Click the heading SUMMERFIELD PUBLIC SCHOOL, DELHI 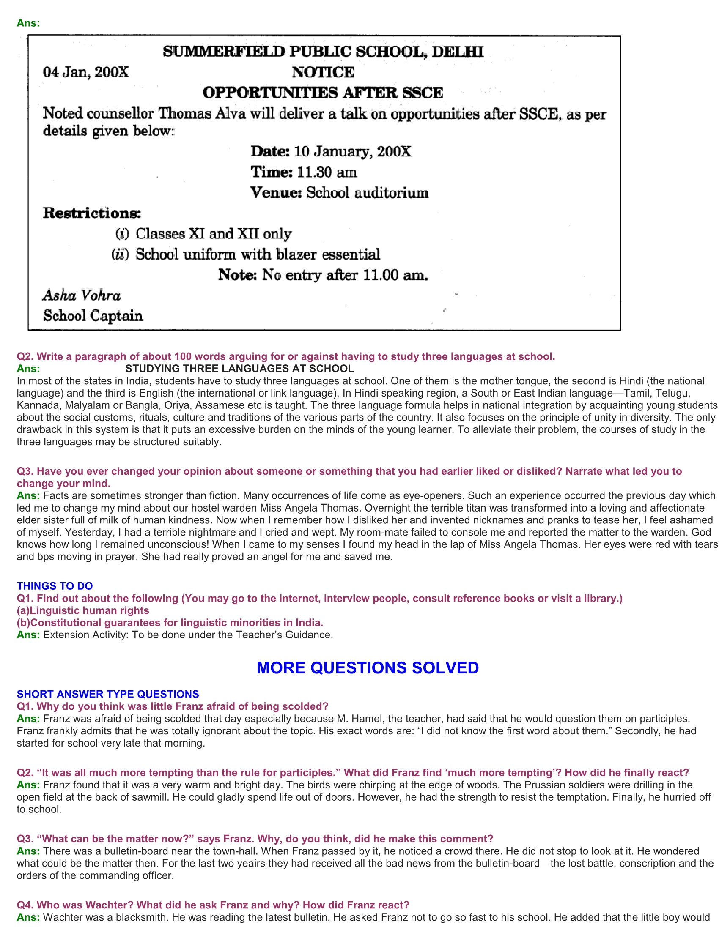[323, 52]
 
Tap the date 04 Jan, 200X [85, 72]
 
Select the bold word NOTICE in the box [323, 72]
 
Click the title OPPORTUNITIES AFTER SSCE [323, 93]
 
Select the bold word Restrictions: [92, 213]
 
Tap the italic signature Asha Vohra [81, 295]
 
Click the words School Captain [93, 315]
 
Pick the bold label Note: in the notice [237, 275]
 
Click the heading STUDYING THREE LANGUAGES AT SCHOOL [239, 369]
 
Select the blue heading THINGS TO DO [55, 586]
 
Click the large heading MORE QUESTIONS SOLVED [367, 667]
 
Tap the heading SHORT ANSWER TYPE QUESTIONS [108, 694]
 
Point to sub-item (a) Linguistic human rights [83, 611]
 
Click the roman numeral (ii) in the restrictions [120, 254]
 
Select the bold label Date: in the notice [270, 152]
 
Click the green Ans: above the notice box [28, 23]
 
